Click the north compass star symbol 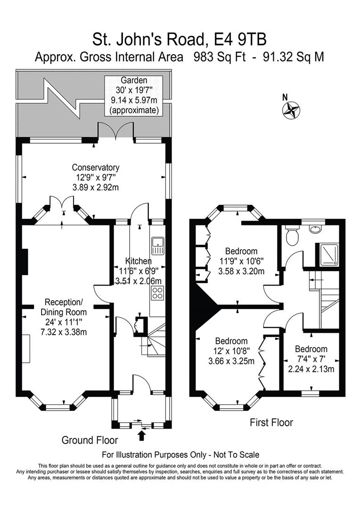(x=292, y=109)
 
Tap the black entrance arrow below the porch (x=141, y=435)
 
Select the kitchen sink (x=158, y=246)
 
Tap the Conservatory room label (x=96, y=177)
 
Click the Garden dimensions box (x=134, y=96)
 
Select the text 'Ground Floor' (x=90, y=440)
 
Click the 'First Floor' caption (x=271, y=422)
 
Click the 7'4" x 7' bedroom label (x=311, y=359)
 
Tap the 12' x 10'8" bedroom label (x=231, y=351)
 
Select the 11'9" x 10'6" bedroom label (x=241, y=261)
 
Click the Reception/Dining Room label (x=64, y=317)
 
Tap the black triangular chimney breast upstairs (x=205, y=305)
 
